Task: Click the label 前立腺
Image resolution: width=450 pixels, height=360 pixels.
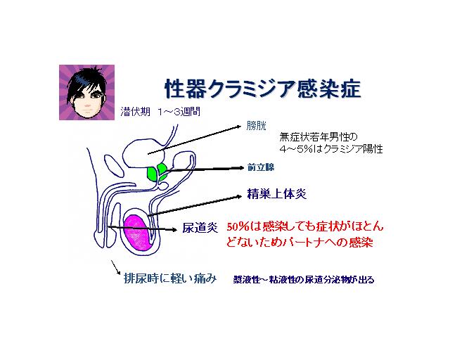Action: [259, 169]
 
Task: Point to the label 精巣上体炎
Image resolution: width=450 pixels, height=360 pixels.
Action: [277, 193]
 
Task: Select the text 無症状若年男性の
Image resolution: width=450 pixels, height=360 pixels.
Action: [319, 137]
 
